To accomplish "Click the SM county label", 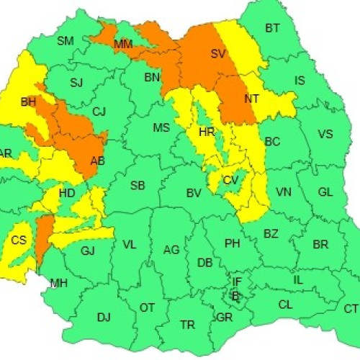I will coord(66,41).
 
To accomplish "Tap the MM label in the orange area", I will coord(123,45).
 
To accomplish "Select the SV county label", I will coord(218,53).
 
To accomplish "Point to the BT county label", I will coord(272,29).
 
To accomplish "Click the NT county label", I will coord(252,99).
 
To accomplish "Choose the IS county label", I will coord(300,81).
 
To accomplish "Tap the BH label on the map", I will coord(28,103).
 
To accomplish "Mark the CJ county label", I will coord(99,111).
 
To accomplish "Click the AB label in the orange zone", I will coord(97,161).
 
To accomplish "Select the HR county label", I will coord(207,132).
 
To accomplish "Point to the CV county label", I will coord(230,180).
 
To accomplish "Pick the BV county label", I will coord(193,193).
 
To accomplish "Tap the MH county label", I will coord(58,283).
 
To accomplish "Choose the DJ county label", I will coord(104,317).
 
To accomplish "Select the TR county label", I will coord(187,325).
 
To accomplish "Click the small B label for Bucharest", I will coord(235,294).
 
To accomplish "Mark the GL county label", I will coord(325,192).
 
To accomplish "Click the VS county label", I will coord(325,134).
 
